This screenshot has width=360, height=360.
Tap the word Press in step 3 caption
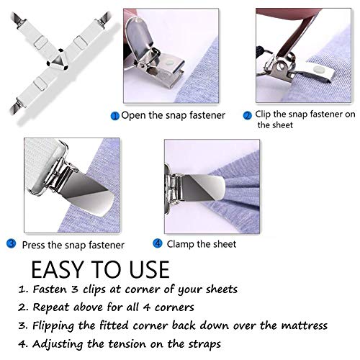[36, 244]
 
